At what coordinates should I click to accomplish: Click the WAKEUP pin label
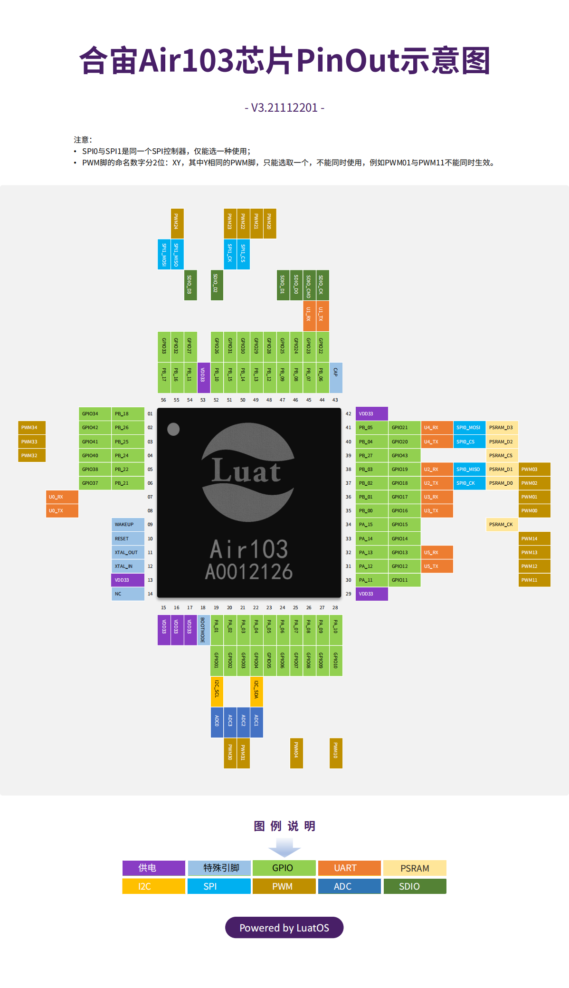click(x=128, y=525)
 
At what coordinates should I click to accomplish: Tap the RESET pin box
click(x=128, y=538)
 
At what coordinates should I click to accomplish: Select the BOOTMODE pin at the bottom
click(x=203, y=630)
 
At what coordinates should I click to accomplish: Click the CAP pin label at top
click(x=336, y=377)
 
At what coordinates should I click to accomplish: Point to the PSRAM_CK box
click(x=502, y=525)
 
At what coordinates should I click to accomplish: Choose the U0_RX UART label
click(x=62, y=497)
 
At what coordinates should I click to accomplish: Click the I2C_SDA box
click(x=256, y=691)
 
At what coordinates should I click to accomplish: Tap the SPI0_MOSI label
click(x=469, y=428)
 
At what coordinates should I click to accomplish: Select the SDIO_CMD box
click(x=309, y=285)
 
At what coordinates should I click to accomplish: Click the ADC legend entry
click(x=349, y=886)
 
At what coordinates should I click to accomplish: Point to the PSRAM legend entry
click(x=415, y=868)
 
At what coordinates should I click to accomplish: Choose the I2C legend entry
click(x=153, y=886)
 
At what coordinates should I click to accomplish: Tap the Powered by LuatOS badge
click(x=284, y=928)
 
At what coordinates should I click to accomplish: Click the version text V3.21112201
click(x=284, y=108)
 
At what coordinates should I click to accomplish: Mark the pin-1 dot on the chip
click(x=174, y=429)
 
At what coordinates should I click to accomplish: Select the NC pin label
click(x=128, y=594)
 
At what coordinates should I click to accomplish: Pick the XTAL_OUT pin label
click(x=128, y=553)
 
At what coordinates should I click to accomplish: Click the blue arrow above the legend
click(x=284, y=847)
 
